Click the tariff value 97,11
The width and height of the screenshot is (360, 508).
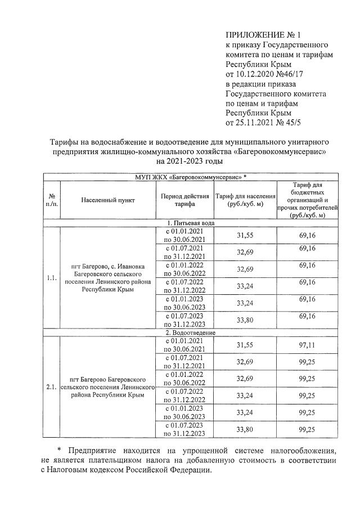coord(307,344)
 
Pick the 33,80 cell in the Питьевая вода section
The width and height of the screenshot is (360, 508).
coord(245,321)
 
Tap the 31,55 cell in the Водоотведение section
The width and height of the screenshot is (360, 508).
coord(245,344)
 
